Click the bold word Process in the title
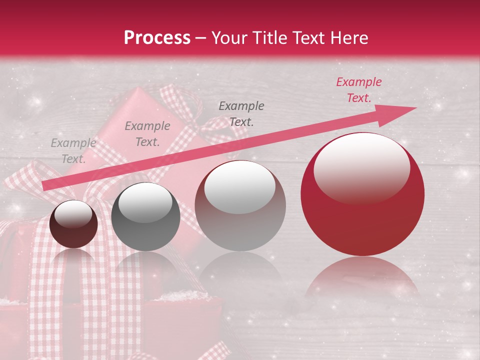[x=157, y=38]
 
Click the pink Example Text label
[x=358, y=90]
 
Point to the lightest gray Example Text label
[x=73, y=151]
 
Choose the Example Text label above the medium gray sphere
[x=241, y=113]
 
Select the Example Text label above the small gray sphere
[x=147, y=134]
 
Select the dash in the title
[x=200, y=38]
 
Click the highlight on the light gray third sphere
[x=239, y=187]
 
